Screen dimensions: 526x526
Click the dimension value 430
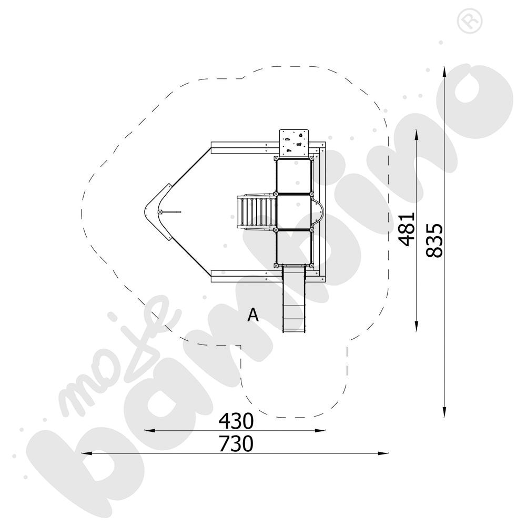click(236, 421)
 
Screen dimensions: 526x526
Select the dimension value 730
click(236, 444)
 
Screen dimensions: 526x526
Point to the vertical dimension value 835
click(434, 240)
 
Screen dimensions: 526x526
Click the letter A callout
click(253, 315)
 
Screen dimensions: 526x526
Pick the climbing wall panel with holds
click(294, 143)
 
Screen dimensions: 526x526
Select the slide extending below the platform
click(294, 299)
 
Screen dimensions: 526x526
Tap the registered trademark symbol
click(470, 21)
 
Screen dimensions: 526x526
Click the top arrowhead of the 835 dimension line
click(444, 71)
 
